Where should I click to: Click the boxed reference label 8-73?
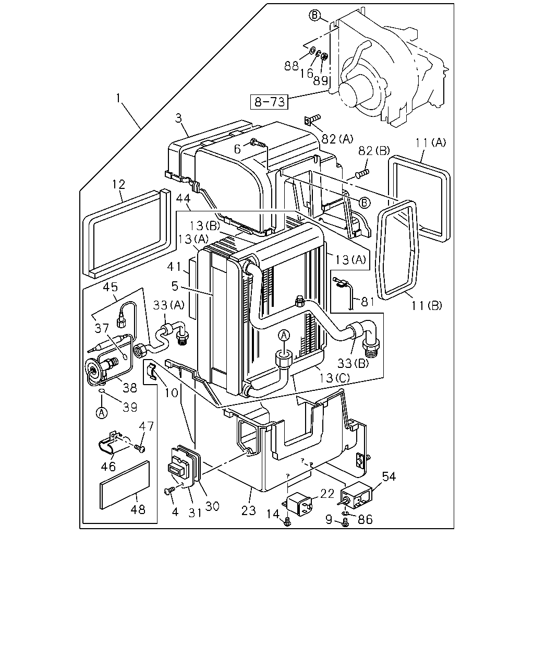pos(269,102)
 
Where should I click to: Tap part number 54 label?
pos(389,476)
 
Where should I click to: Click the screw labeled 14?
pos(288,522)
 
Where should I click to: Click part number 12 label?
pos(118,184)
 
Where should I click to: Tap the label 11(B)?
pos(427,306)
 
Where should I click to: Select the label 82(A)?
pos(337,139)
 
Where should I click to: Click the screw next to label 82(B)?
pos(362,174)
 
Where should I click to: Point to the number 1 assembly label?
pos(118,98)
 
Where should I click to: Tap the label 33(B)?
pos(353,363)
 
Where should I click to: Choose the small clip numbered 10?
pos(151,371)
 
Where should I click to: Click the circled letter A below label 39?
pos(102,413)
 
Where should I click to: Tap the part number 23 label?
pos(249,510)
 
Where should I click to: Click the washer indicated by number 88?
pos(312,50)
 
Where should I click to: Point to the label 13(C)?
pos(334,378)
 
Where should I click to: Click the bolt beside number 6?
pos(258,143)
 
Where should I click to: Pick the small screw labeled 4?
pos(169,490)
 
